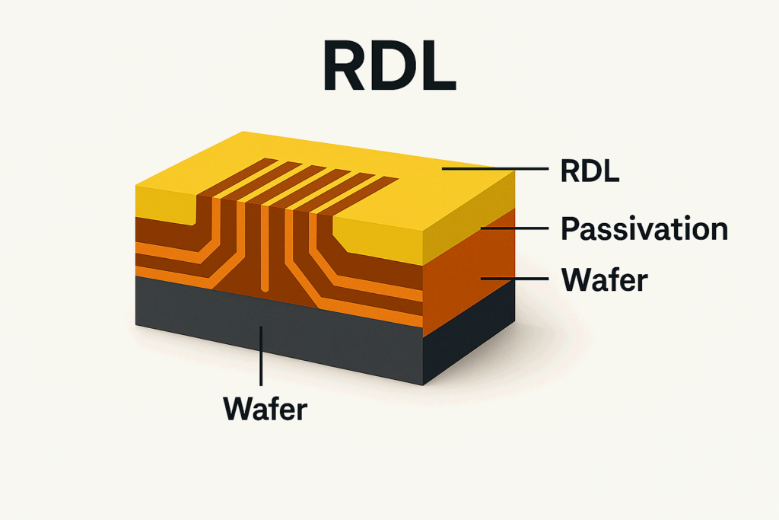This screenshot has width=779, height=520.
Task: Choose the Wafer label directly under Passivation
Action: click(x=603, y=279)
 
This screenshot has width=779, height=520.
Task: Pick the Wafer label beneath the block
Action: click(x=265, y=408)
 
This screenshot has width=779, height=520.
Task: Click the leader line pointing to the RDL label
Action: click(x=494, y=169)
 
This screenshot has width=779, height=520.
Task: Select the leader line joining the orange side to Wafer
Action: click(x=514, y=279)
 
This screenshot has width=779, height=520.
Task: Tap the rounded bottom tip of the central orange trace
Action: click(x=264, y=289)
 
